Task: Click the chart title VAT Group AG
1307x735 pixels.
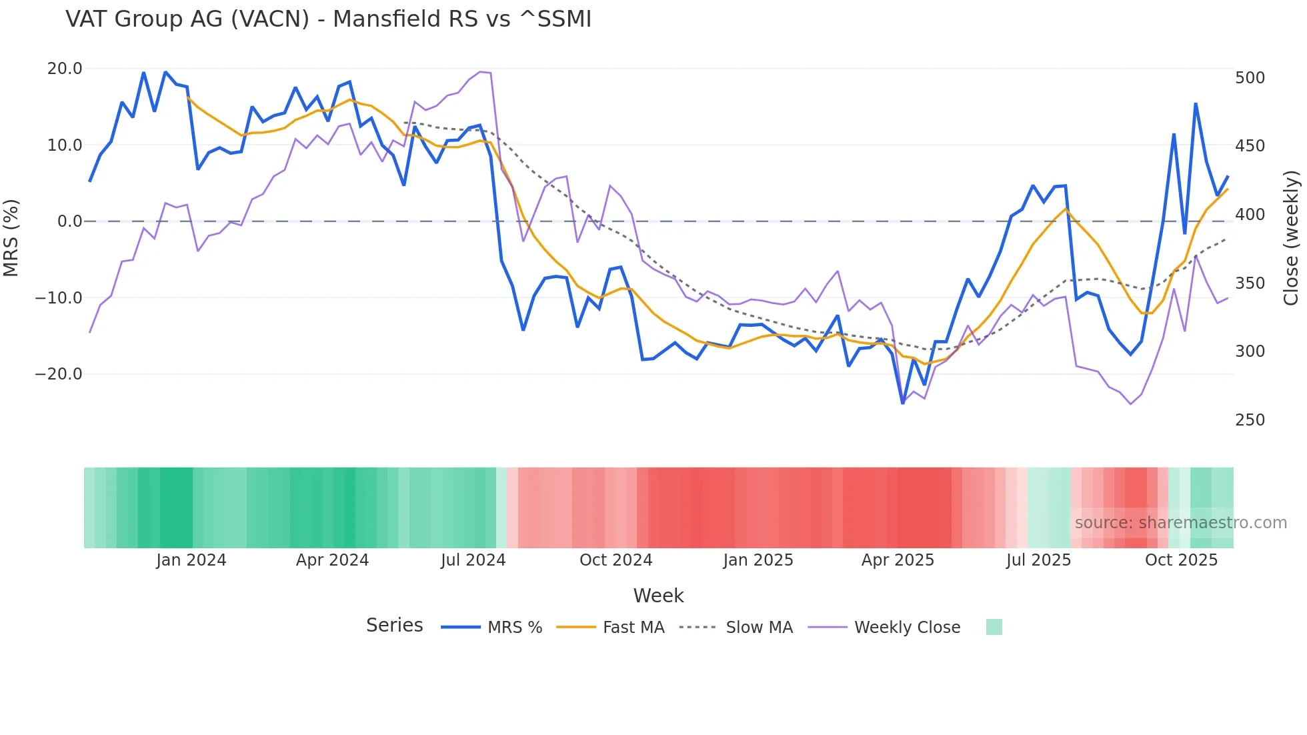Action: click(328, 19)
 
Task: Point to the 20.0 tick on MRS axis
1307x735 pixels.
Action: click(65, 69)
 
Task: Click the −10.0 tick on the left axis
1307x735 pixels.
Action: click(59, 297)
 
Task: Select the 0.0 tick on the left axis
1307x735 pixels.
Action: click(69, 221)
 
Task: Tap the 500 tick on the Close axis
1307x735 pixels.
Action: click(1250, 78)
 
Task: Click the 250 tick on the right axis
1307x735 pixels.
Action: click(1250, 420)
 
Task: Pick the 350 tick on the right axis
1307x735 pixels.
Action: click(1250, 283)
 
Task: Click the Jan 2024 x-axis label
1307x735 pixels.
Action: click(191, 560)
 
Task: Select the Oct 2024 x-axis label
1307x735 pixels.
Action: click(615, 560)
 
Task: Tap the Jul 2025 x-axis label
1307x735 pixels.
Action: click(1038, 560)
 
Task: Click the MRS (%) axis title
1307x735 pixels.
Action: click(11, 238)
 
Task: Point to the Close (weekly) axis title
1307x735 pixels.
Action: click(1292, 238)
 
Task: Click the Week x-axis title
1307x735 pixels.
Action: click(658, 596)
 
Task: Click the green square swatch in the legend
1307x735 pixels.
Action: click(994, 627)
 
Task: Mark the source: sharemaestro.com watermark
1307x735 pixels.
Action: click(1180, 523)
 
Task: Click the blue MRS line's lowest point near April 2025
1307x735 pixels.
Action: click(903, 403)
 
